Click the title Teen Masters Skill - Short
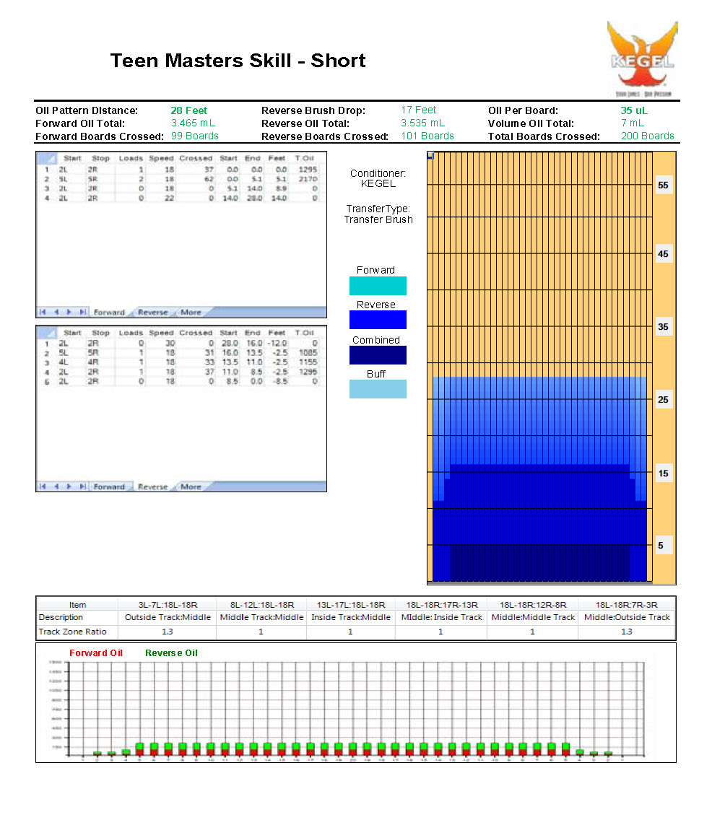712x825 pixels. [238, 61]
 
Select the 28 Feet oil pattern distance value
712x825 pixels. [188, 110]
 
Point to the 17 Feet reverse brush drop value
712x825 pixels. [418, 110]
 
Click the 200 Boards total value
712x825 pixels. [647, 136]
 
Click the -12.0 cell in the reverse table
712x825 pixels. [277, 344]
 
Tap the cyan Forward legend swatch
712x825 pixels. [377, 286]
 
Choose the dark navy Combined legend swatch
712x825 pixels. [377, 355]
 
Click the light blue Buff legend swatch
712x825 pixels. [377, 389]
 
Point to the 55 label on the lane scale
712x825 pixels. [663, 185]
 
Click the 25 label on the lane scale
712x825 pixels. [663, 400]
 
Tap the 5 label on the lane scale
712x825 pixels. [661, 546]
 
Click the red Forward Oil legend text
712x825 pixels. [96, 653]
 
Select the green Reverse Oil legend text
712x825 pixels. [171, 653]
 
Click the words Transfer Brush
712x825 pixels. [378, 219]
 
